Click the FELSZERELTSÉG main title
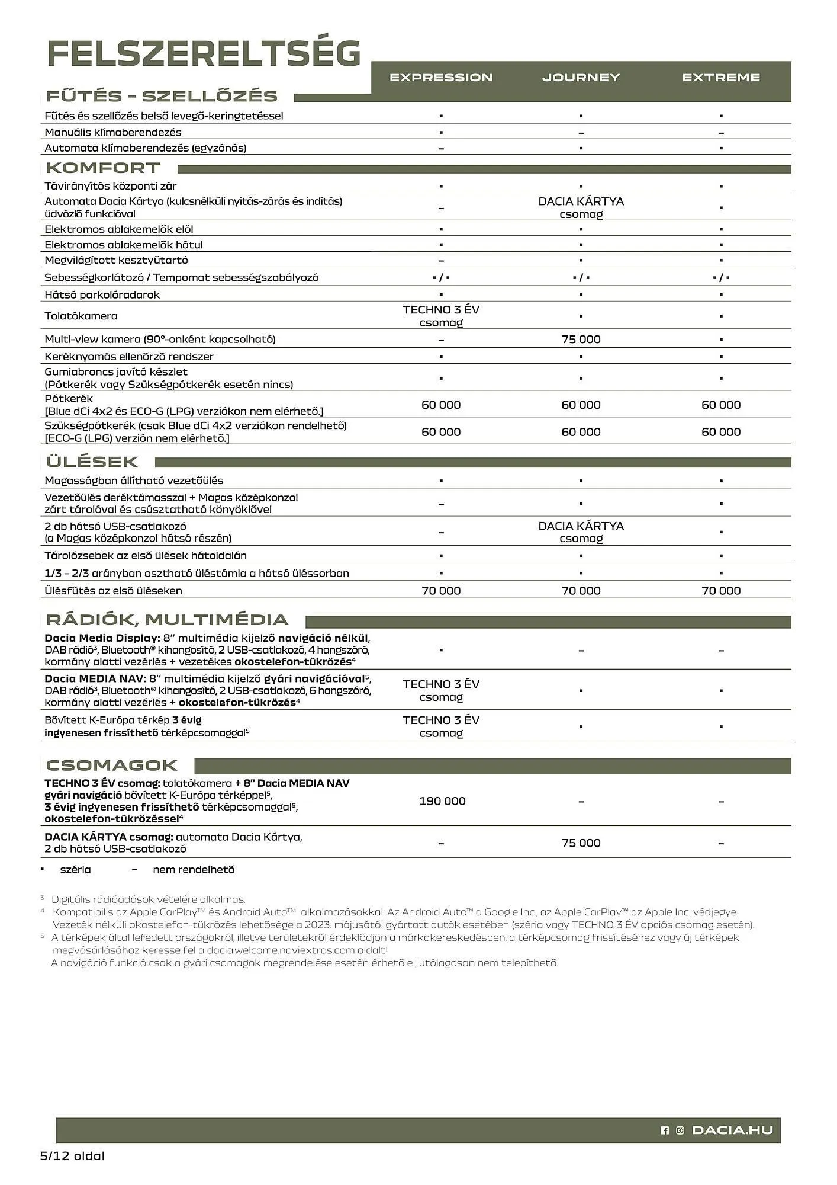pyautogui.click(x=204, y=54)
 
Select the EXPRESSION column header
pyautogui.click(x=441, y=78)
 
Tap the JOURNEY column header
pyautogui.click(x=581, y=78)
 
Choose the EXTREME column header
pyautogui.click(x=721, y=78)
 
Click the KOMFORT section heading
pyautogui.click(x=104, y=168)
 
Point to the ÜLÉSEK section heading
pyautogui.click(x=92, y=462)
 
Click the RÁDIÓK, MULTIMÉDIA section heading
pyautogui.click(x=168, y=620)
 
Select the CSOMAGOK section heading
pyautogui.click(x=112, y=766)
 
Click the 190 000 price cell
pyautogui.click(x=442, y=801)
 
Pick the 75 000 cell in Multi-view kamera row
pyautogui.click(x=581, y=340)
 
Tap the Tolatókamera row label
pyautogui.click(x=81, y=316)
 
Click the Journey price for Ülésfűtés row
pyautogui.click(x=581, y=591)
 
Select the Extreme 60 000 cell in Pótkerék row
pyautogui.click(x=721, y=405)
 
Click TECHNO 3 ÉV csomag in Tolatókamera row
pyautogui.click(x=441, y=316)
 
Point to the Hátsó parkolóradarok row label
pyautogui.click(x=102, y=295)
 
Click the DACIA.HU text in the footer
pyautogui.click(x=732, y=1130)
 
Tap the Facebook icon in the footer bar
pyautogui.click(x=664, y=1130)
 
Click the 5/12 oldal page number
pyautogui.click(x=72, y=1156)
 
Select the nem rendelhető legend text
pyautogui.click(x=194, y=870)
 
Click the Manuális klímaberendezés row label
pyautogui.click(x=113, y=133)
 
